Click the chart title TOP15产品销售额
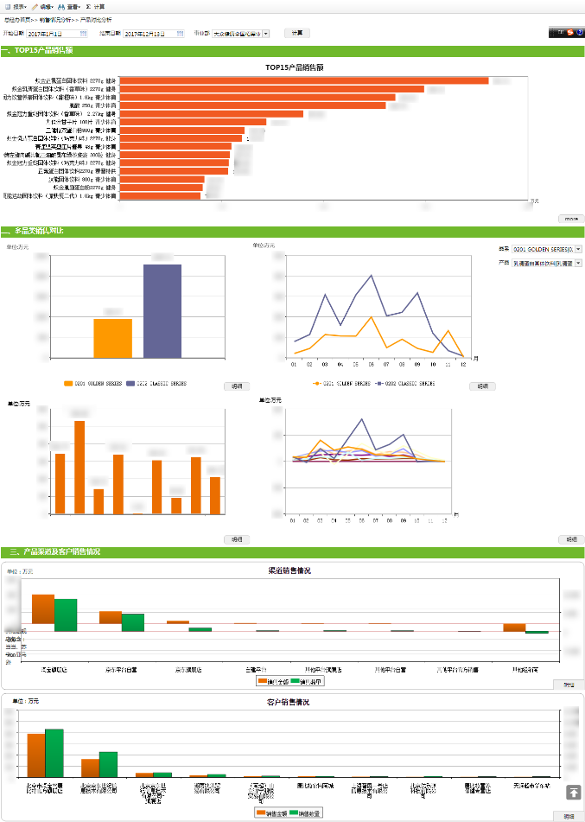294,67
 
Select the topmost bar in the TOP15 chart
303,80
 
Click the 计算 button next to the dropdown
297,33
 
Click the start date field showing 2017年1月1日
57,34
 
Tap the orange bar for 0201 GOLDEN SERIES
113,338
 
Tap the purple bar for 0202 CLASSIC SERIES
162,310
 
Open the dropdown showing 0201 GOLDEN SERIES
548,249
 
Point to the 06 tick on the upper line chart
371,363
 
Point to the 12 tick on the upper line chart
463,363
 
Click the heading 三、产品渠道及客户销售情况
54,552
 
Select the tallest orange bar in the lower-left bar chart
79,467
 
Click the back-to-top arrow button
574,792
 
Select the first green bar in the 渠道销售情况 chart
66,615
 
